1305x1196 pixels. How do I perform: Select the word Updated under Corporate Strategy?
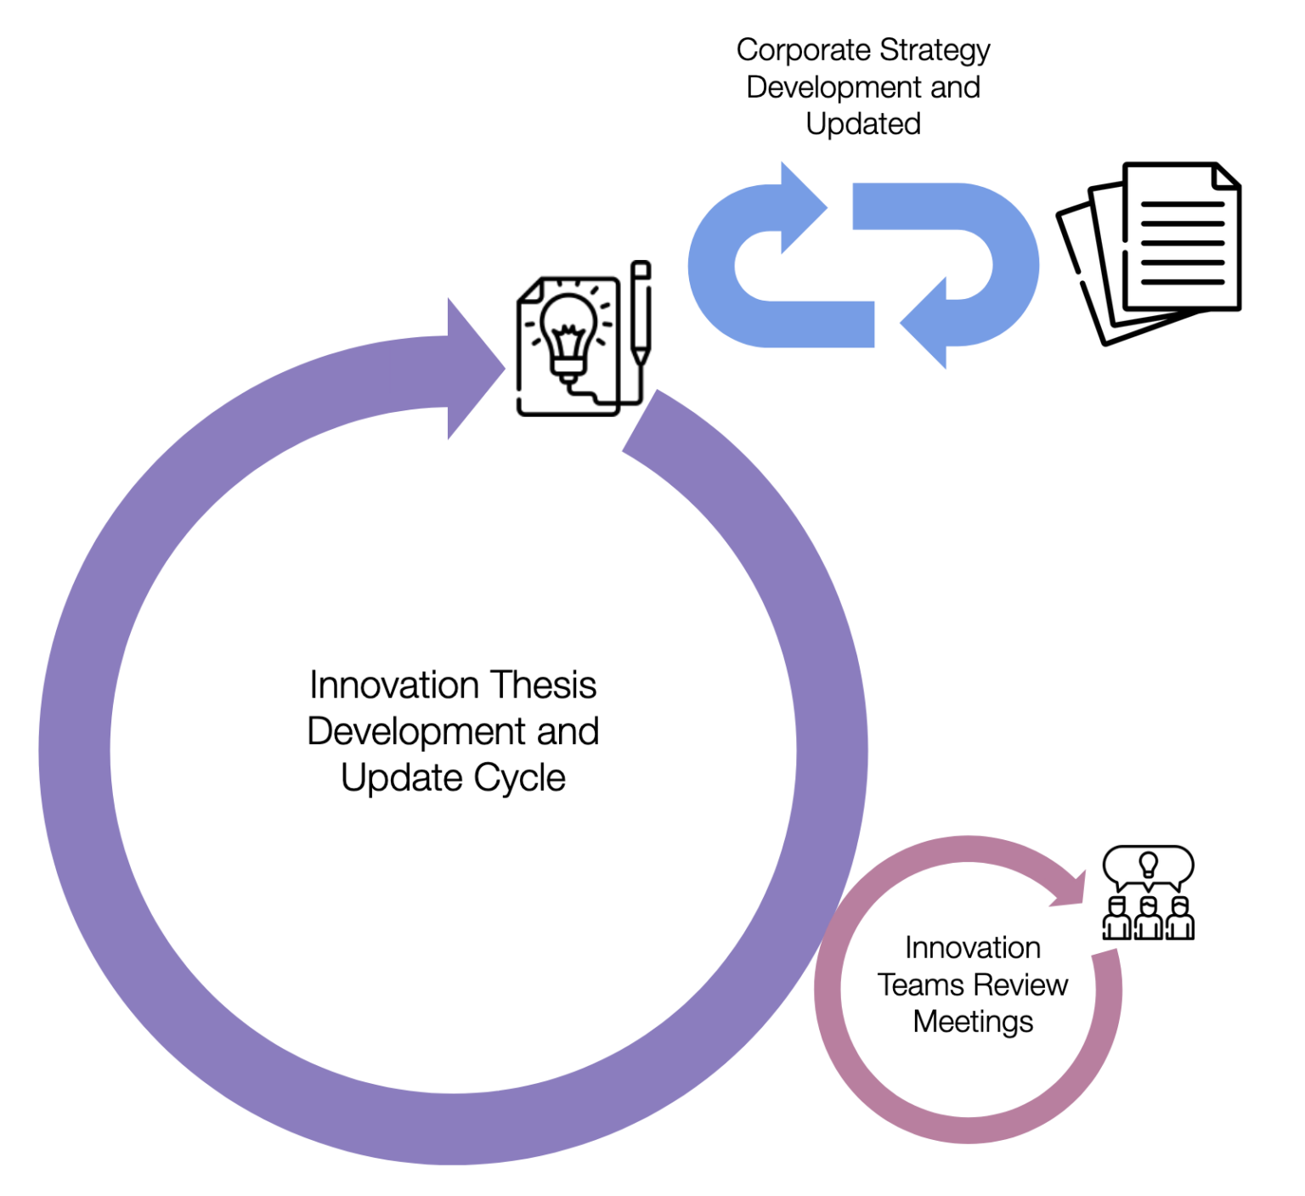(863, 124)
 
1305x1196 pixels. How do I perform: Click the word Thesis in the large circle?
(544, 685)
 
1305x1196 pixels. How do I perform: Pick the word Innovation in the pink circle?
(972, 947)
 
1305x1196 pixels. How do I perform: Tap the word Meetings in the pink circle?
(973, 1022)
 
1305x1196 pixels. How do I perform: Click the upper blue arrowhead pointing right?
(801, 207)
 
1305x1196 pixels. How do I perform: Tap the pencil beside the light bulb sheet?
(641, 314)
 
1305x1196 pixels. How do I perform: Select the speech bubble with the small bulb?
(1148, 866)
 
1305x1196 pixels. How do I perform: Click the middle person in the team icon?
(1148, 918)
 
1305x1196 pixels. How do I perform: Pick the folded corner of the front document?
(1227, 176)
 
